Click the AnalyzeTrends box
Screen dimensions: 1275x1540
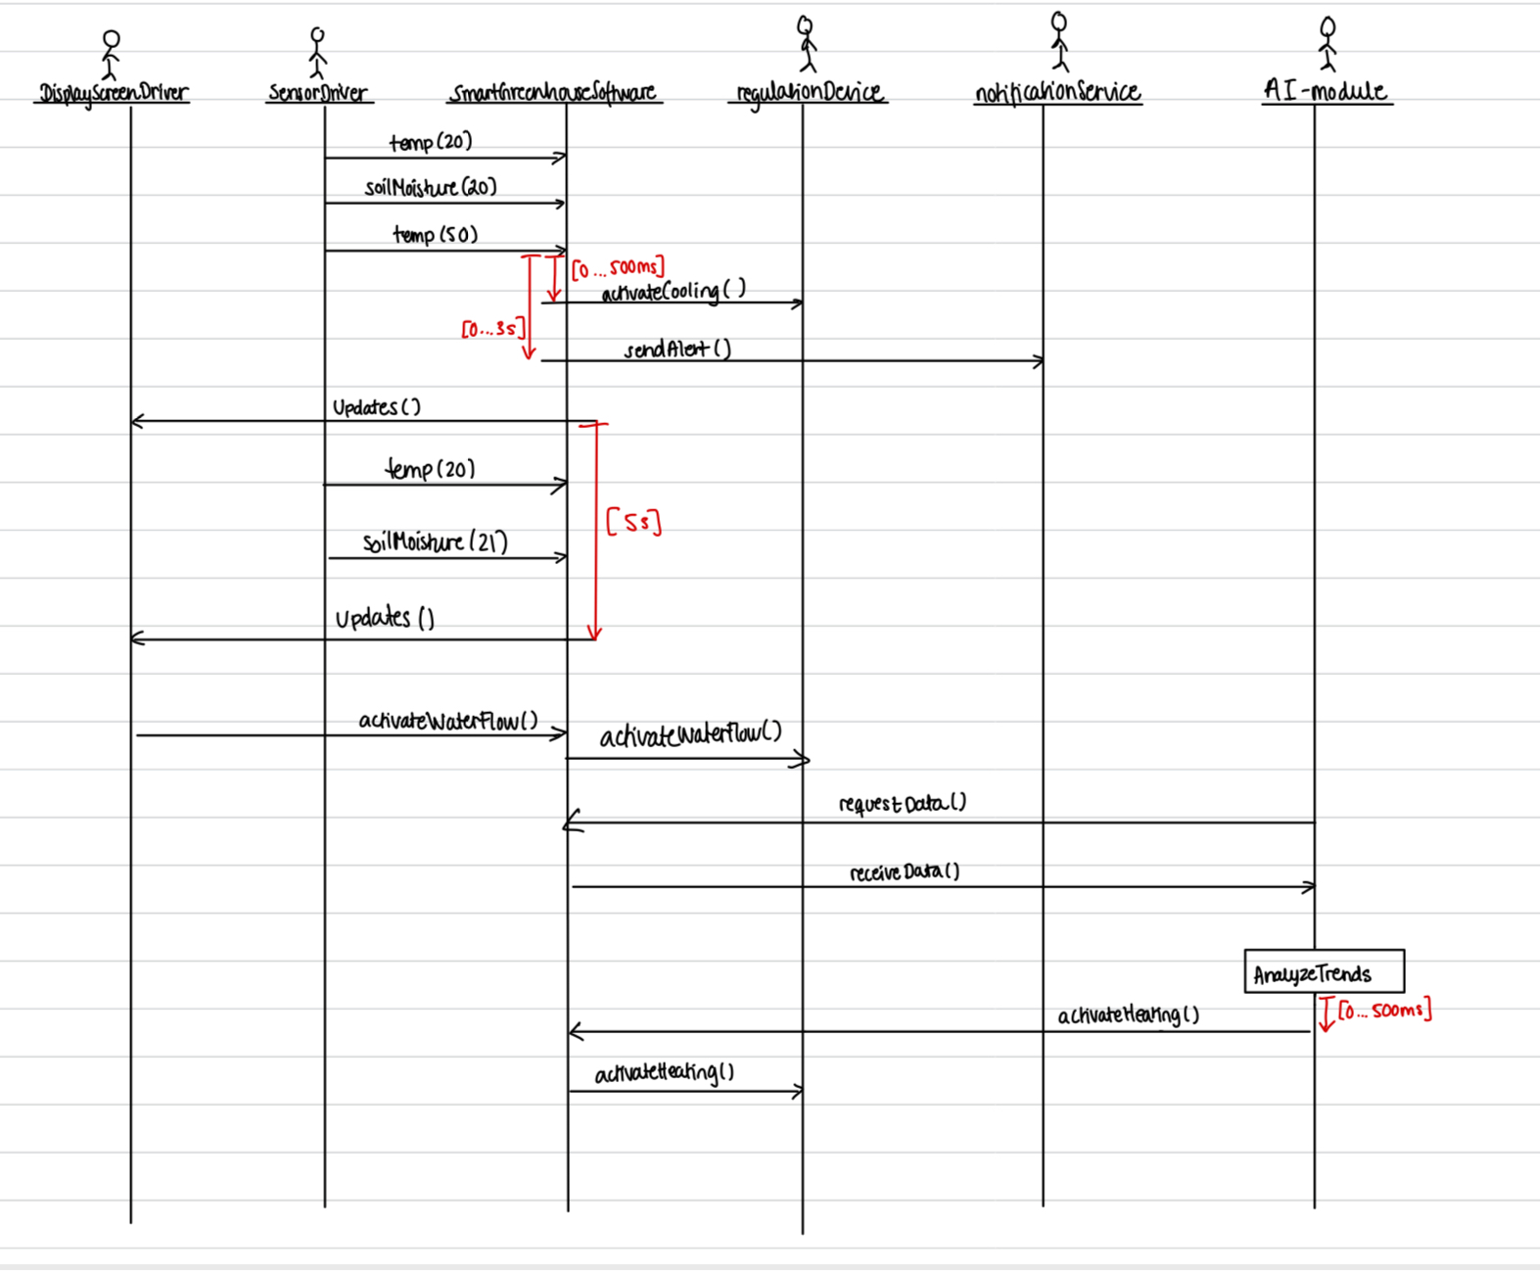(x=1324, y=971)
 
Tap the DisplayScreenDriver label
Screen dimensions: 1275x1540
(x=113, y=94)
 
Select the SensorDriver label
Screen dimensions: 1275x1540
(x=318, y=94)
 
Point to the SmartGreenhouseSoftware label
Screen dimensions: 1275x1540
(x=553, y=93)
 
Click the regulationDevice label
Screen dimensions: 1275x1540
(x=809, y=93)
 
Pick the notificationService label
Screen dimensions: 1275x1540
(x=1057, y=92)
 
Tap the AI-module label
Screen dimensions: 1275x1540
(x=1326, y=91)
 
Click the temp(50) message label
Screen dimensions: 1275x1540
(x=436, y=235)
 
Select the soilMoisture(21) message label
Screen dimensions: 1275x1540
(x=435, y=542)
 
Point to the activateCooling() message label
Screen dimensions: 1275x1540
(x=674, y=291)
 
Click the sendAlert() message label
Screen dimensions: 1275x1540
(x=677, y=350)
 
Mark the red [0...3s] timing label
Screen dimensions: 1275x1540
(x=492, y=329)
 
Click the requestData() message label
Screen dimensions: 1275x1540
(x=902, y=804)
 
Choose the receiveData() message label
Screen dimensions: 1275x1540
(x=904, y=872)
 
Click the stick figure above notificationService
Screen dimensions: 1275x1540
(x=1058, y=41)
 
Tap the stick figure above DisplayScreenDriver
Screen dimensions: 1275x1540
(x=111, y=54)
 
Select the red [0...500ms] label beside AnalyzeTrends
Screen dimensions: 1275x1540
(x=1384, y=1011)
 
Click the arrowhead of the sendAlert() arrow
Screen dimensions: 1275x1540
(x=1039, y=361)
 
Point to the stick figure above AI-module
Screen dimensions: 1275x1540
(x=1327, y=43)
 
